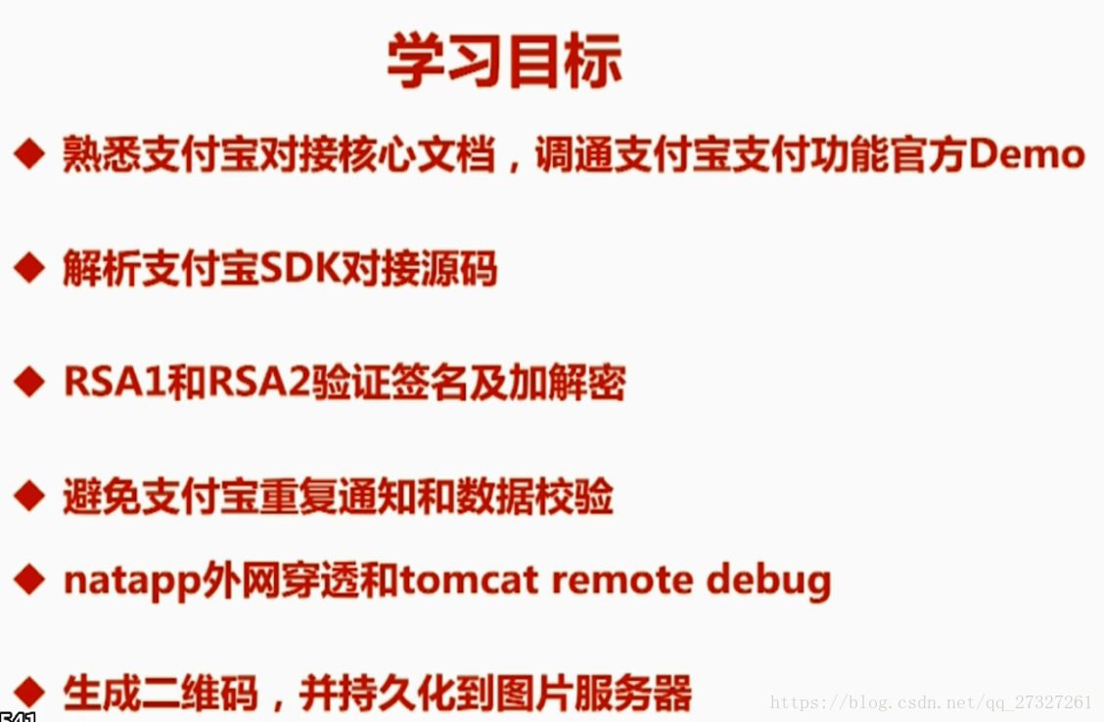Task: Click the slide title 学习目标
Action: (504, 61)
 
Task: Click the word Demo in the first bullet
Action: (1027, 155)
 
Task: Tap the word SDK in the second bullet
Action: (299, 268)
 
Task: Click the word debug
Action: (768, 581)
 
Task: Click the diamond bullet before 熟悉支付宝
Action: (28, 154)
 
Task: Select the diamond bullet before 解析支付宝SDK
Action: (28, 268)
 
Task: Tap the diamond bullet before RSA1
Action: (28, 383)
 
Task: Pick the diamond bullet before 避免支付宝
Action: (28, 496)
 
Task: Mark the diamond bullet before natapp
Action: (28, 580)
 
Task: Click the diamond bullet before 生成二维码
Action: (28, 693)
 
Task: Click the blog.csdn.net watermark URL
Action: (931, 702)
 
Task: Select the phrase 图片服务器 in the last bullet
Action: (594, 694)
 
